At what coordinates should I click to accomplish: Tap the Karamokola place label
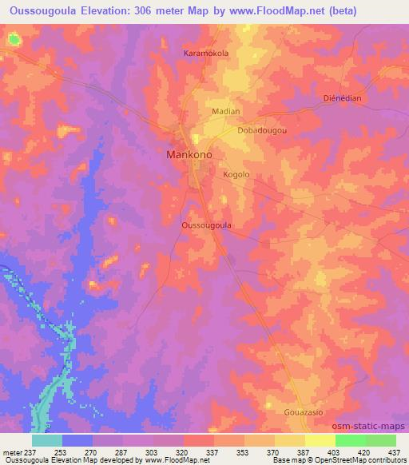206,54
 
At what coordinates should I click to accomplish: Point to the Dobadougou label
261,129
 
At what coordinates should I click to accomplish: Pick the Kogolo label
236,174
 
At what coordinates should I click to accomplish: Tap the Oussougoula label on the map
207,225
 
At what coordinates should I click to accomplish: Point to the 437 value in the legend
395,451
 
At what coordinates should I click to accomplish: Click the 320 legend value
183,451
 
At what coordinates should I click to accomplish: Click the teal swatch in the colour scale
46,440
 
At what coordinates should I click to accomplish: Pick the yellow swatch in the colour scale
320,440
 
